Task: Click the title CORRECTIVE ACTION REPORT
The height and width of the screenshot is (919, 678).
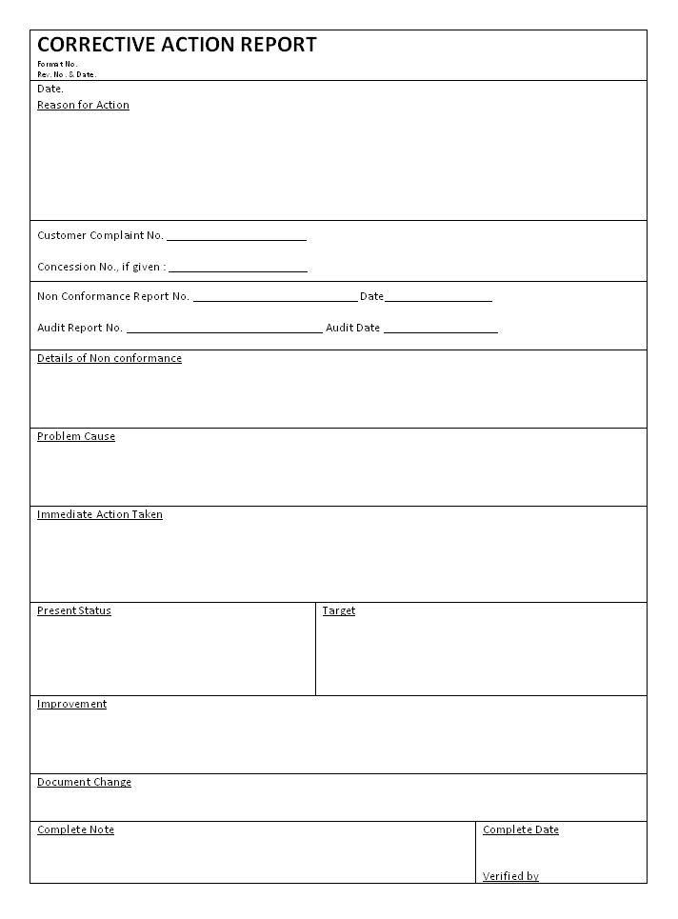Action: [x=176, y=45]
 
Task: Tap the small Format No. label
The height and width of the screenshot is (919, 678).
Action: [x=57, y=64]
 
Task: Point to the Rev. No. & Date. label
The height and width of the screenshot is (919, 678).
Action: [x=67, y=73]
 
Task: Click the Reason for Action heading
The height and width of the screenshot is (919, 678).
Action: [x=83, y=106]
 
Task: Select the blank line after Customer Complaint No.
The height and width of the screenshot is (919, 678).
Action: [x=236, y=237]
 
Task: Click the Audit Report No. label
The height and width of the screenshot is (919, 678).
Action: [x=80, y=329]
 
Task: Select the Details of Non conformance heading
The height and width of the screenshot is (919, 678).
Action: [x=110, y=359]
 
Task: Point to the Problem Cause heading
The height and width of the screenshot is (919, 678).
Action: [x=76, y=437]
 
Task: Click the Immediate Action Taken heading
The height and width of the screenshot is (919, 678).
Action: [x=100, y=515]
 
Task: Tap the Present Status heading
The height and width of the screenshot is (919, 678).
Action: [x=74, y=611]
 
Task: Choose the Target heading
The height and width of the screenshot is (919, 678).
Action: [x=339, y=611]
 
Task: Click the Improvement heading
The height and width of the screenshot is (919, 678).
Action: [x=72, y=705]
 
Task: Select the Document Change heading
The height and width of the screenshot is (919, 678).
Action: [x=85, y=783]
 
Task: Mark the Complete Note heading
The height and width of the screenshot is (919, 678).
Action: [x=76, y=830]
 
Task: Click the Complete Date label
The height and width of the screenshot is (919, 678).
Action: [x=521, y=830]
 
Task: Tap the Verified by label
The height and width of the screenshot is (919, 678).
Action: [x=510, y=877]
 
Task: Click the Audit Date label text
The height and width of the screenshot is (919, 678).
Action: [x=352, y=329]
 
